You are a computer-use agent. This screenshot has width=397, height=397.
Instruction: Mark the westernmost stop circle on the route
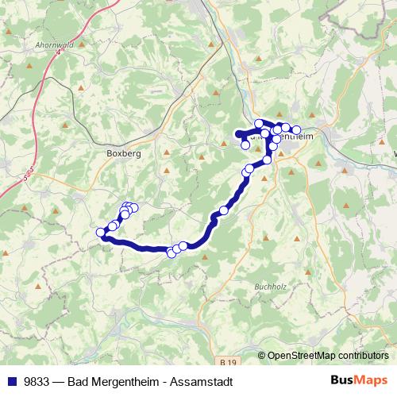[x=101, y=232]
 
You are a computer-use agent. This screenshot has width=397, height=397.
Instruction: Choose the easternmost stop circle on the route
[x=297, y=130]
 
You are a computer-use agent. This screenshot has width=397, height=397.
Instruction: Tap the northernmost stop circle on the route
[x=259, y=124]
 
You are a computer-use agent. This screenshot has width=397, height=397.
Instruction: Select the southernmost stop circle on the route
[x=170, y=252]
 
